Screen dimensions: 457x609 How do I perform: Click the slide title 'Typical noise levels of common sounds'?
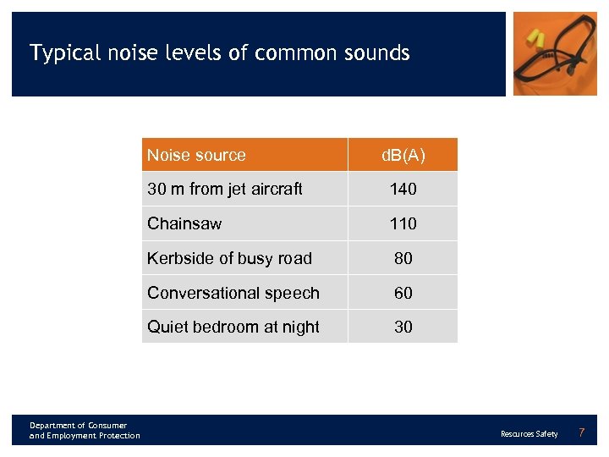coord(220,53)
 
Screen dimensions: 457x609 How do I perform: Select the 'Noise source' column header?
coord(196,155)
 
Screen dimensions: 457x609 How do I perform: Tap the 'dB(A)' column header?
coord(403,155)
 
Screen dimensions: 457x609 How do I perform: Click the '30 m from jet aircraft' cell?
coord(225,190)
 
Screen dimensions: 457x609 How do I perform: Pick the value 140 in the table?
coord(403,190)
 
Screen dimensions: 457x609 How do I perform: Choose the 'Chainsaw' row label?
coord(184,223)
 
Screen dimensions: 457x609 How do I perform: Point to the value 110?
coord(403,223)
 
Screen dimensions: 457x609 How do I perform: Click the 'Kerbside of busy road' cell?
coord(229,258)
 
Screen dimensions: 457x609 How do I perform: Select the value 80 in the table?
coord(403,258)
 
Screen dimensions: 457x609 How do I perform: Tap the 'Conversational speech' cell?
coord(233,293)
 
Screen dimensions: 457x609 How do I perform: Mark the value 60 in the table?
coord(403,293)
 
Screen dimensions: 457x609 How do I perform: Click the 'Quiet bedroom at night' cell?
coord(233,327)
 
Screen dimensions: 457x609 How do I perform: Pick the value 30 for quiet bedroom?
coord(403,327)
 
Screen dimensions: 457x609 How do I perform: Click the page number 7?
coord(581,433)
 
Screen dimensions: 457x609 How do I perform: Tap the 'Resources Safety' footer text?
coord(529,434)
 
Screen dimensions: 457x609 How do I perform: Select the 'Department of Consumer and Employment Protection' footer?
coord(85,430)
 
